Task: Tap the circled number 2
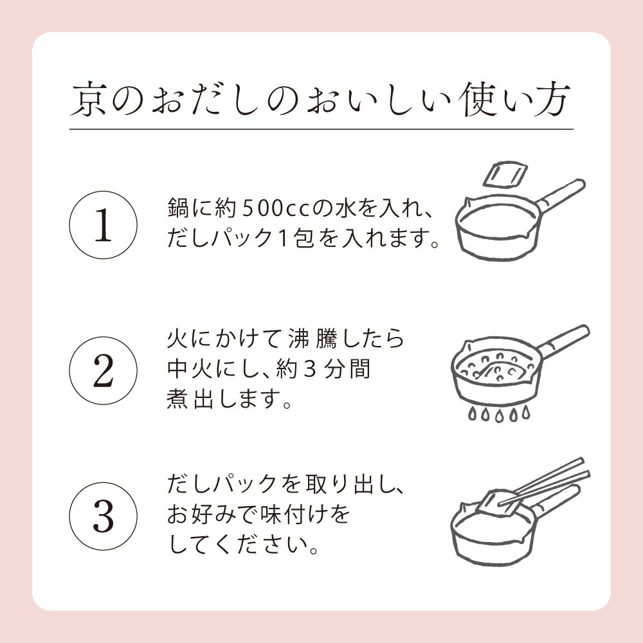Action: point(103,372)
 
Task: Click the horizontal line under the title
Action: point(321,129)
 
